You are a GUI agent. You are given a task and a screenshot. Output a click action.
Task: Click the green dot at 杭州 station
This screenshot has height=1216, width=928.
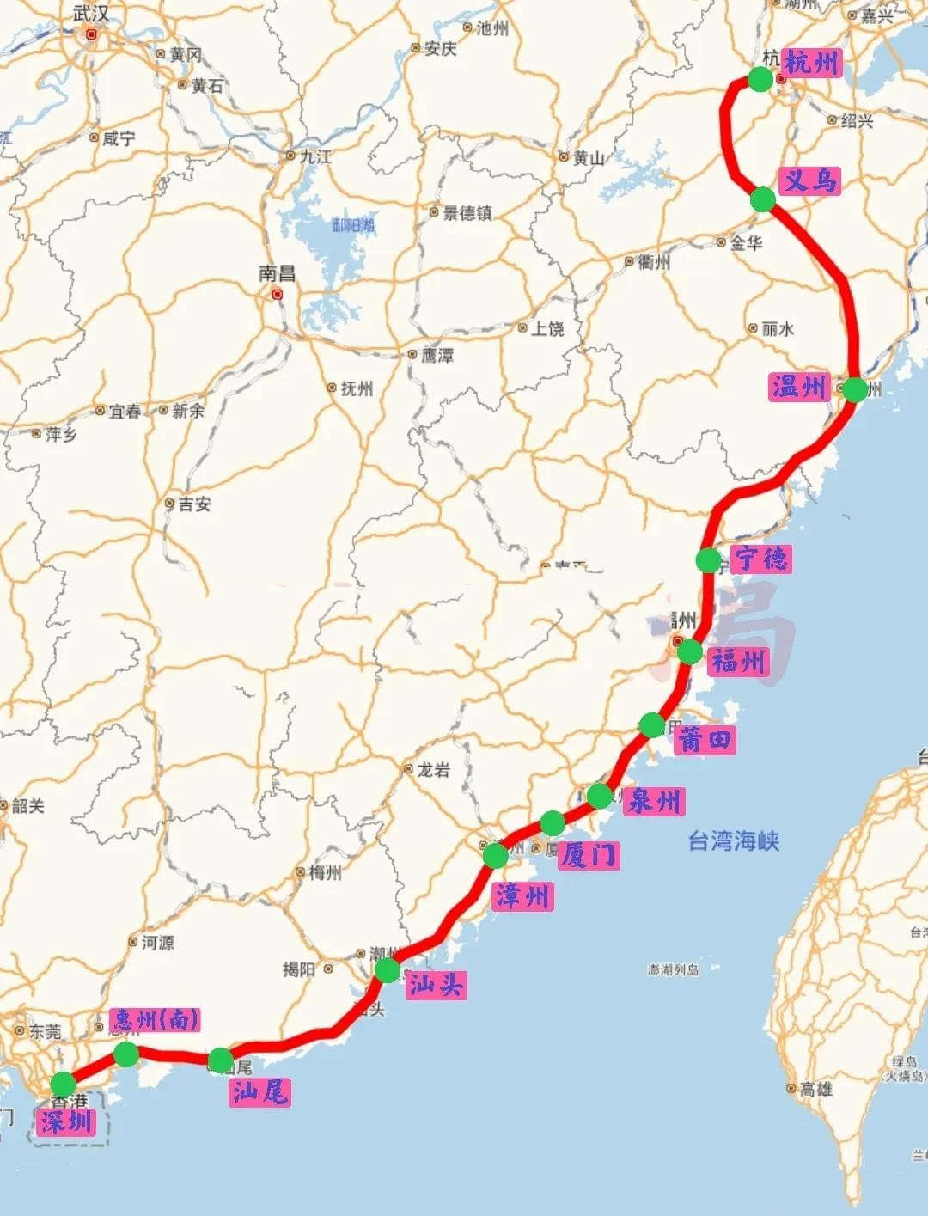(760, 80)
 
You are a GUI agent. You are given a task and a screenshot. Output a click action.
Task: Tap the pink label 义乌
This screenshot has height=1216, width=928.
(809, 180)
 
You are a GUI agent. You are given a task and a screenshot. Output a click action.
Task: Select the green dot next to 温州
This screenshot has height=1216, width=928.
(854, 389)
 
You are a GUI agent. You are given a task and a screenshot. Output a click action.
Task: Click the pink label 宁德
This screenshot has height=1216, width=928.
(761, 559)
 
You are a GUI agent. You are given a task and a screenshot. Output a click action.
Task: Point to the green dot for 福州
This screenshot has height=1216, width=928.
(690, 652)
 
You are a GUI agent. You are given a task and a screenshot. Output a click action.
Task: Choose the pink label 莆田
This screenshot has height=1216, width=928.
(705, 739)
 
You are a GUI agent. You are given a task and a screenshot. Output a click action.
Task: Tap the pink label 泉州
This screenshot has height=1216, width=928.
(655, 801)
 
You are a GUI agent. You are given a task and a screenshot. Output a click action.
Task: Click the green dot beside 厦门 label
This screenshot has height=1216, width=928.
(553, 823)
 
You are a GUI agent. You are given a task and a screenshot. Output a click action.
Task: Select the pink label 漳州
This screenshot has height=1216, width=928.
(522, 896)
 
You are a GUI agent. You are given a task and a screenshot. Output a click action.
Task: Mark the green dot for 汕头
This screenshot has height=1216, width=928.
(388, 971)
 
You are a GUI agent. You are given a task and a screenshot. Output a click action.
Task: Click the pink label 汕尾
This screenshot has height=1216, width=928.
(259, 1092)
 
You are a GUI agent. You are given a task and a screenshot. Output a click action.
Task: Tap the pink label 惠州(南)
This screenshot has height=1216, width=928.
(156, 1020)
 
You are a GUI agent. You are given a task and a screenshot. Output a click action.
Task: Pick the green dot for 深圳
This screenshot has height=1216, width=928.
(64, 1085)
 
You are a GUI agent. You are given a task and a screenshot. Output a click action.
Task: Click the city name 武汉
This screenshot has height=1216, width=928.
(91, 14)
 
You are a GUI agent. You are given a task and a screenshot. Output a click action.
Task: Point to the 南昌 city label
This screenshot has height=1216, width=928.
(277, 273)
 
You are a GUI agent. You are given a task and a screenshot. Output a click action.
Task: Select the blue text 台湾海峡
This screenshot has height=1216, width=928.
(734, 840)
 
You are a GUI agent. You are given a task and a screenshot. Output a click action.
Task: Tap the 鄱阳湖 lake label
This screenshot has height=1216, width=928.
(353, 225)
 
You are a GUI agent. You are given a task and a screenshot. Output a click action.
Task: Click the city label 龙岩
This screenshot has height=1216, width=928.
(433, 770)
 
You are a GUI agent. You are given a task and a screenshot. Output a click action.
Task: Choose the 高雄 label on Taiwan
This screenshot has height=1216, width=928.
(815, 1089)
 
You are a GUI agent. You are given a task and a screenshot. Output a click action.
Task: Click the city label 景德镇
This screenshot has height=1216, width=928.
(467, 213)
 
